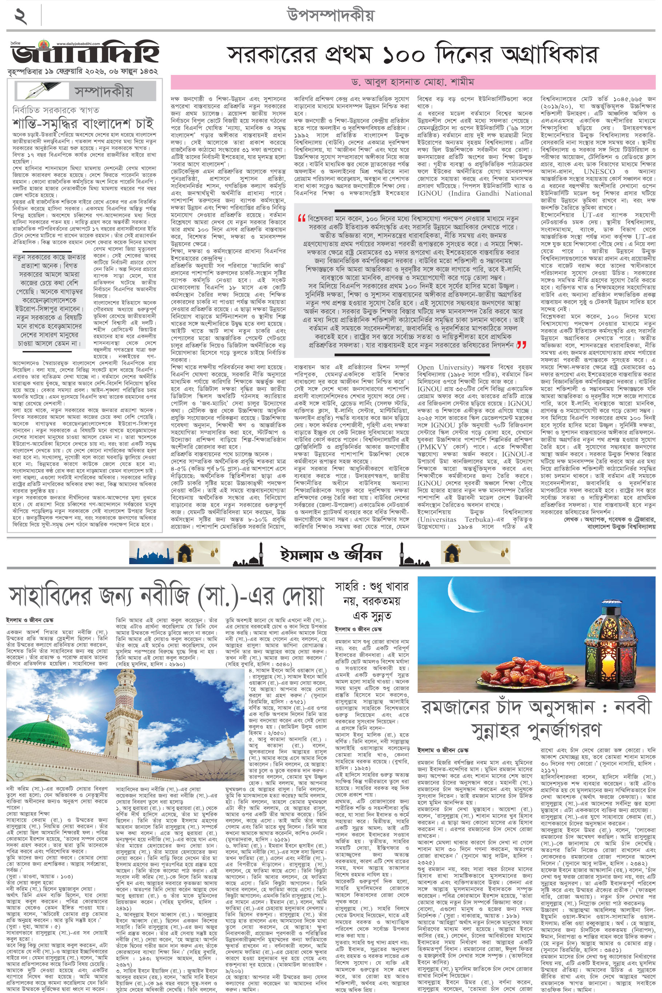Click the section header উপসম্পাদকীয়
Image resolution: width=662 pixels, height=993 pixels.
pyautogui.click(x=331, y=16)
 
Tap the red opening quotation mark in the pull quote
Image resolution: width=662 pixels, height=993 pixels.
pyautogui.click(x=302, y=218)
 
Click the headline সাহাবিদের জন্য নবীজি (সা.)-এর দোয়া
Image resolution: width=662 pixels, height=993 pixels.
pyautogui.click(x=166, y=596)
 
